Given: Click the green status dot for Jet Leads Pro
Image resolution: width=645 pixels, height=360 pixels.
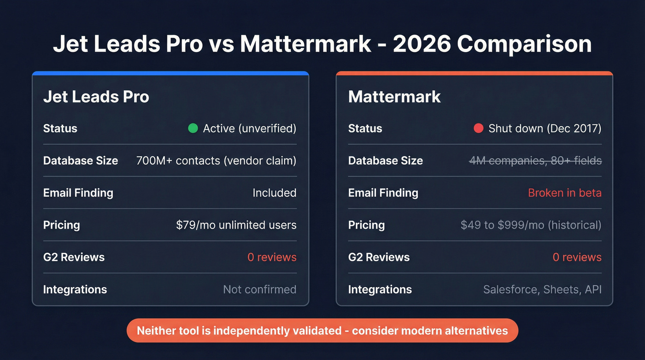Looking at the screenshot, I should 193,128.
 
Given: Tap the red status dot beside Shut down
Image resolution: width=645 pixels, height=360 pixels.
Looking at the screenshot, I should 479,128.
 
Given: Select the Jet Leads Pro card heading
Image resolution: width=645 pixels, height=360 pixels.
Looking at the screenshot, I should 96,97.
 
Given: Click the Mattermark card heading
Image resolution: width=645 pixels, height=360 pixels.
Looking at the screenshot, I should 394,97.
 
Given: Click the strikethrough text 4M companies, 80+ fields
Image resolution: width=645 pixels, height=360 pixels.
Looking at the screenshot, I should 535,160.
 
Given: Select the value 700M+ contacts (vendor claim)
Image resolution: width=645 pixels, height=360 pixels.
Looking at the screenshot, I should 216,160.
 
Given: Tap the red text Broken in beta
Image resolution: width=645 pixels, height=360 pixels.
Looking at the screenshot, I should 564,193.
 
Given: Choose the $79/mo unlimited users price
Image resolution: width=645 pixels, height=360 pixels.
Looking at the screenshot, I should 236,225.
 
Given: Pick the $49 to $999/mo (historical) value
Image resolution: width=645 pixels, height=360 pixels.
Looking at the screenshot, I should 531,225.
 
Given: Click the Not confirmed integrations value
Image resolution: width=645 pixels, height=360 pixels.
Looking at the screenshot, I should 259,289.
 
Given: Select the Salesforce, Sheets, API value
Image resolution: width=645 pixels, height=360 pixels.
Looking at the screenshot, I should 542,289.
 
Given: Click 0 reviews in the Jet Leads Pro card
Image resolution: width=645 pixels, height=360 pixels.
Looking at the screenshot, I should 272,257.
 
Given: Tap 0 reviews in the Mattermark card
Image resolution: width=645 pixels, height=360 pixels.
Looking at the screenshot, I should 577,257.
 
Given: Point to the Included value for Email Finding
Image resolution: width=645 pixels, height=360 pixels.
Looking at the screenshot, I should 274,193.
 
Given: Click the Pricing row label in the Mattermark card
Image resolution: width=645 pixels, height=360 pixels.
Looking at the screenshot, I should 366,225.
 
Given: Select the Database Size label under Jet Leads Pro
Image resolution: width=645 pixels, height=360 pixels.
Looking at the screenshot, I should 81,160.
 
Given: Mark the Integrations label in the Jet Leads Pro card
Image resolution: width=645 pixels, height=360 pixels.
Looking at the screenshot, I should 75,289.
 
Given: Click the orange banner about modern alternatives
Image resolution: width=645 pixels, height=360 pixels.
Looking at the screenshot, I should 322,330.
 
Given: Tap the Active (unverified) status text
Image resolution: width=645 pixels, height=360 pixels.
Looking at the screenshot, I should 249,128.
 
